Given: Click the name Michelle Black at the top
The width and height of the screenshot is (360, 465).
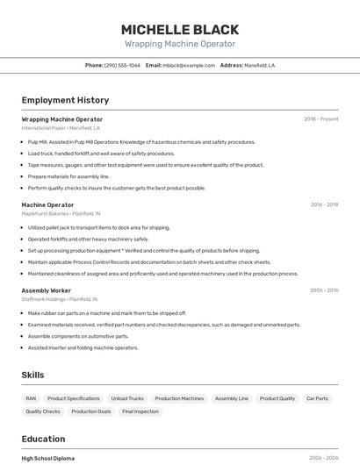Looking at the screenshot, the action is [180, 28].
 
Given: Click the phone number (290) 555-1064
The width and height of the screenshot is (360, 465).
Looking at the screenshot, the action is [122, 65].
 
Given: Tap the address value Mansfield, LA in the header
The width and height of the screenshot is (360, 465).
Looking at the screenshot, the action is [259, 65].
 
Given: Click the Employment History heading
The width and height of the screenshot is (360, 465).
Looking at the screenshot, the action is [65, 100].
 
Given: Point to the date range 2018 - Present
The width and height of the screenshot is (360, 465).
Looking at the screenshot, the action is [320, 118].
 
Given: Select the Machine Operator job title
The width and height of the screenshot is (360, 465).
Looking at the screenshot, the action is [47, 204].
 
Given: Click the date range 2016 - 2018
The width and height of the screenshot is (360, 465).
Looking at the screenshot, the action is [324, 204].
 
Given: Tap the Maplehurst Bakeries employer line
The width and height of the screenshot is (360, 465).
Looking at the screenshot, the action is [61, 213].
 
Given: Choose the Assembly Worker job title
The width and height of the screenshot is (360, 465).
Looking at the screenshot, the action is [47, 290].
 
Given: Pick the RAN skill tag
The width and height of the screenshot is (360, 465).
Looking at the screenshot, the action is [31, 398].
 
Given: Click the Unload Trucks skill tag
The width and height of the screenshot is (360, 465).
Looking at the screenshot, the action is [127, 398].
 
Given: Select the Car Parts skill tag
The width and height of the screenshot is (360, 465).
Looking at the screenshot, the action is [317, 398].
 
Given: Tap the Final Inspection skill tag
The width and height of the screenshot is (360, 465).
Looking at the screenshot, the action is [140, 411].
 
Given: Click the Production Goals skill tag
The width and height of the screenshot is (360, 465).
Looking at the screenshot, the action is [91, 411].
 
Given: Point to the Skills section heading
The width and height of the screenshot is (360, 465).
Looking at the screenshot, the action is [32, 375].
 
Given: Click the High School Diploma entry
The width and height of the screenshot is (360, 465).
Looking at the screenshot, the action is [47, 458].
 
